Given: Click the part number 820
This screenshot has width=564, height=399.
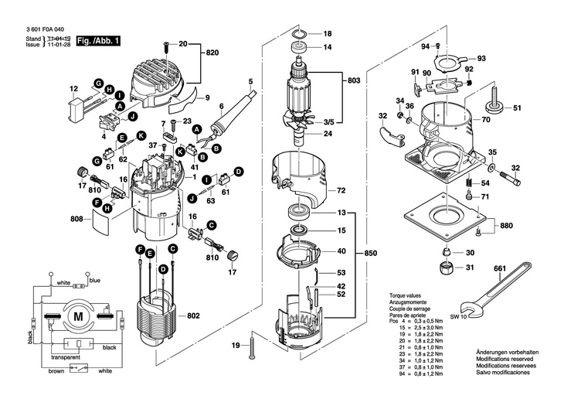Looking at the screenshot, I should tap(213, 53).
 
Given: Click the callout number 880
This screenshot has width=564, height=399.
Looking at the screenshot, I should tap(506, 226).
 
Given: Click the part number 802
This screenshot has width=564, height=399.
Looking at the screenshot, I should tap(193, 316).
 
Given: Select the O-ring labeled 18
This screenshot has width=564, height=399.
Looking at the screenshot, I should tap(302, 35).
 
